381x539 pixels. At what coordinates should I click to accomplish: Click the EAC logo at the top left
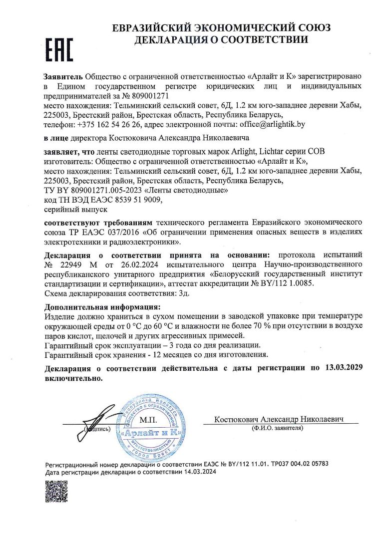click(x=59, y=49)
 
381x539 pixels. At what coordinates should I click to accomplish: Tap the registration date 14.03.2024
click(x=199, y=471)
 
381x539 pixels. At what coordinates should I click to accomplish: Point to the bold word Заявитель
click(x=63, y=76)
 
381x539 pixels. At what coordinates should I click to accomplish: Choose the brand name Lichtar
click(x=270, y=151)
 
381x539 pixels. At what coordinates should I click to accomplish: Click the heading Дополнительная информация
click(x=102, y=306)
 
